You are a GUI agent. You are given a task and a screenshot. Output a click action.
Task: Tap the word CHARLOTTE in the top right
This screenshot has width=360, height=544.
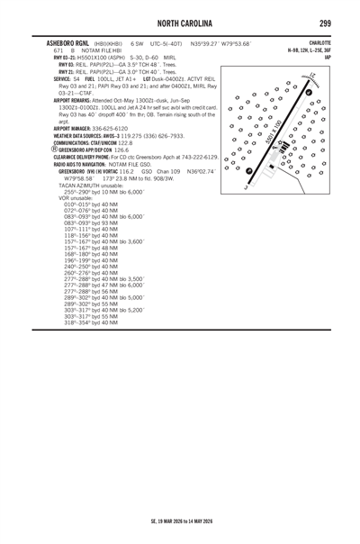pyautogui.click(x=319, y=42)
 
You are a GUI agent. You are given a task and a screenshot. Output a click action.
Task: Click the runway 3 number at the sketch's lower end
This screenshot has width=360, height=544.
pyautogui.click(x=245, y=186)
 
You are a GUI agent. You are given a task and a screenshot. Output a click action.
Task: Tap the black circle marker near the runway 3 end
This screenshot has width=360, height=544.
pyautogui.click(x=248, y=171)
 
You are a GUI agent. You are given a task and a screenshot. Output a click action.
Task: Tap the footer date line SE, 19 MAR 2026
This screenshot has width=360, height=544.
pyautogui.click(x=180, y=521)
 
